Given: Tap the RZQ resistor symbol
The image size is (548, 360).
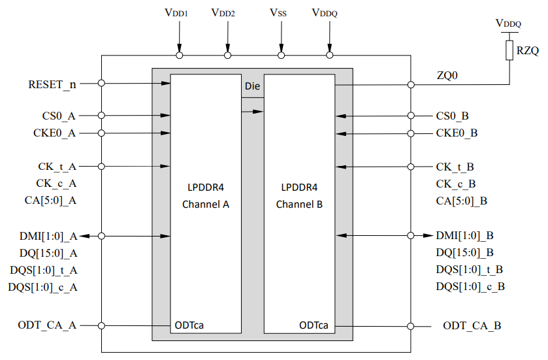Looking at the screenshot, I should [x=509, y=50].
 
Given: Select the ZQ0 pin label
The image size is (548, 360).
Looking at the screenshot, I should [x=447, y=76].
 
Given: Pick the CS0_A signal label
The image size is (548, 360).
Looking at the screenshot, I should [x=58, y=116].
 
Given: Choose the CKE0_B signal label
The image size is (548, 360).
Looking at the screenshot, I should [x=457, y=133].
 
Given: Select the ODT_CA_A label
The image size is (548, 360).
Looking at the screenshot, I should [x=48, y=325].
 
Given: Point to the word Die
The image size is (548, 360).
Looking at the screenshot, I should [x=253, y=86].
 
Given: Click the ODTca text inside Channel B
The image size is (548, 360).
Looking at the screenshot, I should [x=314, y=325].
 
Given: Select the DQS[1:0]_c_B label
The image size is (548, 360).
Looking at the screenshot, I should [x=470, y=286].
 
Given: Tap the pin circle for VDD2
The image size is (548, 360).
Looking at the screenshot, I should [x=228, y=56].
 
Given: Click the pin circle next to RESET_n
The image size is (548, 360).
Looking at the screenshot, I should [x=102, y=83].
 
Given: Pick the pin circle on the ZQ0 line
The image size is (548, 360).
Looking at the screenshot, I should [x=411, y=84].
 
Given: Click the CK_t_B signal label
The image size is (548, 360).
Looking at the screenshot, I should [x=455, y=167].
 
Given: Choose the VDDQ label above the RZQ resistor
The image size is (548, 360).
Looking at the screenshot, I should [x=509, y=24].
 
